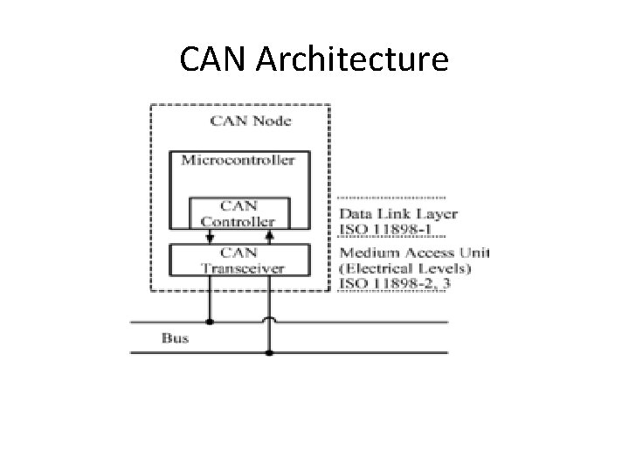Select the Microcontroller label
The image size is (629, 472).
click(x=238, y=160)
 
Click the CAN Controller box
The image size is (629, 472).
click(x=238, y=214)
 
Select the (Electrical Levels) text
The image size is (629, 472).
click(x=404, y=268)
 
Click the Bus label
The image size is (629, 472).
click(x=174, y=337)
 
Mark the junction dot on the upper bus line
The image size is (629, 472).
click(x=210, y=322)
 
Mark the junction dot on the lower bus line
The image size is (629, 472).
click(x=269, y=352)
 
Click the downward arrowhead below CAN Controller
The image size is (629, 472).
click(x=210, y=237)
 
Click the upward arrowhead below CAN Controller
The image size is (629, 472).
click(x=269, y=235)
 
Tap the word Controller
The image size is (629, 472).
click(x=238, y=222)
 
